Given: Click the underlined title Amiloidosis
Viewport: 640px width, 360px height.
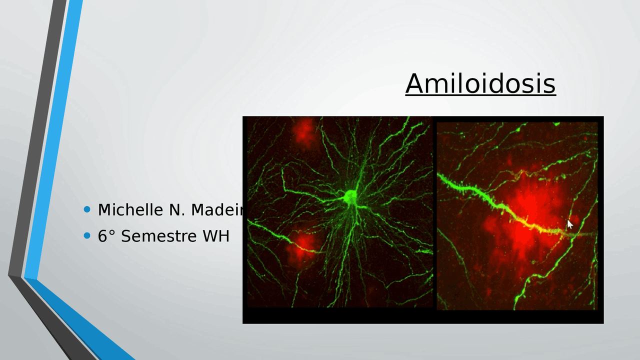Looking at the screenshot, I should [480, 83].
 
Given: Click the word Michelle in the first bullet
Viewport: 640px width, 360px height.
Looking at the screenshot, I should [129, 210].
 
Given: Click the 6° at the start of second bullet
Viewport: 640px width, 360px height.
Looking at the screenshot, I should [106, 235].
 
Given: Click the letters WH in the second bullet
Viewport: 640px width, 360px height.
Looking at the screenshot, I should [215, 235].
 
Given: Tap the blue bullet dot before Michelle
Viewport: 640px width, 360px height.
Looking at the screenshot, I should [88, 209].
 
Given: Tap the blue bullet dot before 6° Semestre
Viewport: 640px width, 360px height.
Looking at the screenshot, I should [88, 235].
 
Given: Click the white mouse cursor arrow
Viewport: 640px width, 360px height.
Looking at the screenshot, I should [570, 224].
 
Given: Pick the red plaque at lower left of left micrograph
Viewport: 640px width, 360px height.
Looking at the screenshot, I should [302, 242].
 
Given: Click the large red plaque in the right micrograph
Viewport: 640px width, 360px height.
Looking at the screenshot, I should [525, 215].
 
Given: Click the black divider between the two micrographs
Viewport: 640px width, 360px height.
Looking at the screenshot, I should [434, 215].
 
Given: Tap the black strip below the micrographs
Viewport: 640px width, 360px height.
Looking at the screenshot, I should [422, 316].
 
